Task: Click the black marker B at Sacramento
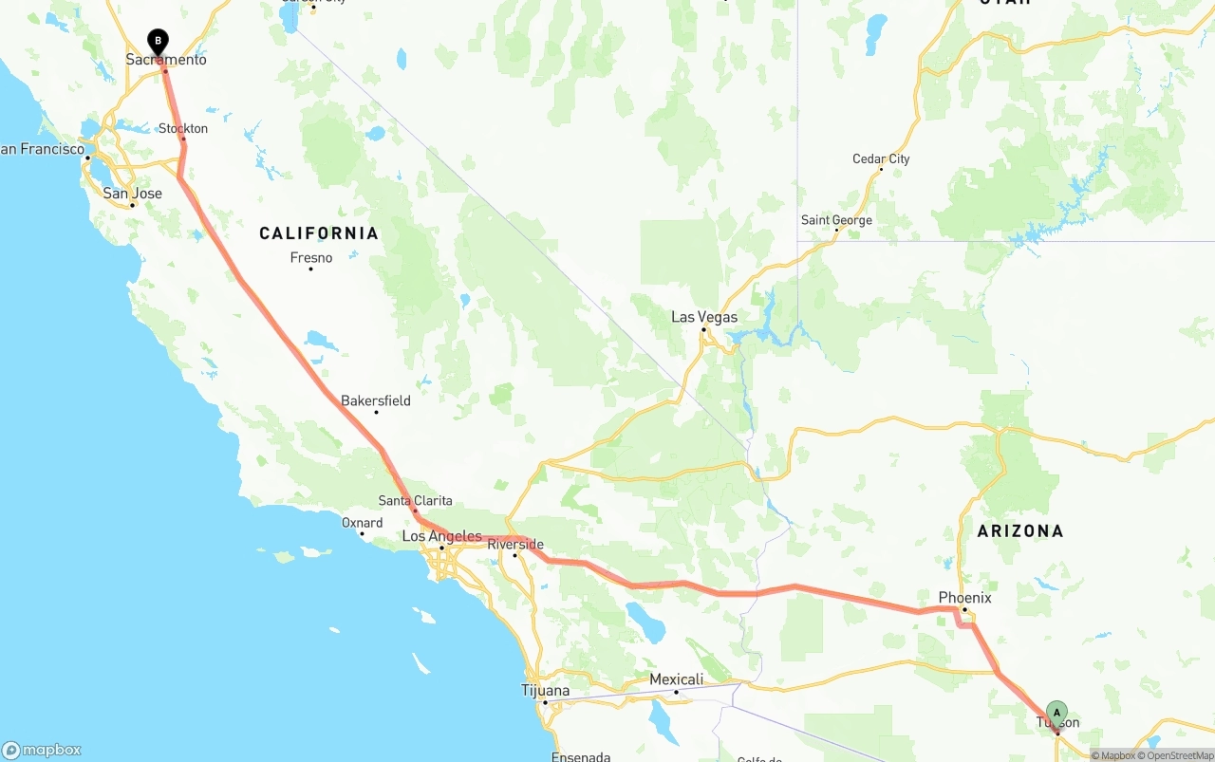(x=158, y=42)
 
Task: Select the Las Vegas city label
(x=704, y=317)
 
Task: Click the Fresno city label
(x=311, y=258)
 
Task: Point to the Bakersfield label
(x=376, y=400)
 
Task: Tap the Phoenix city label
(x=964, y=597)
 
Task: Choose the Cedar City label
(x=881, y=158)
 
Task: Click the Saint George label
(x=836, y=220)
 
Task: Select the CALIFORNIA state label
(x=319, y=233)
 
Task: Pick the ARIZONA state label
(x=1020, y=531)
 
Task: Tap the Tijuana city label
(x=546, y=690)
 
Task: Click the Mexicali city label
(x=676, y=679)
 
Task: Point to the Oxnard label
(x=363, y=523)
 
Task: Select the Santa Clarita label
(x=415, y=501)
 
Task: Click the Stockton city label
(x=183, y=128)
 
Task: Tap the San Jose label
(x=132, y=194)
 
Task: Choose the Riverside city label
(x=515, y=545)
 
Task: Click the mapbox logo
(x=42, y=750)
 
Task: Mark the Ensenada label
(x=580, y=756)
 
